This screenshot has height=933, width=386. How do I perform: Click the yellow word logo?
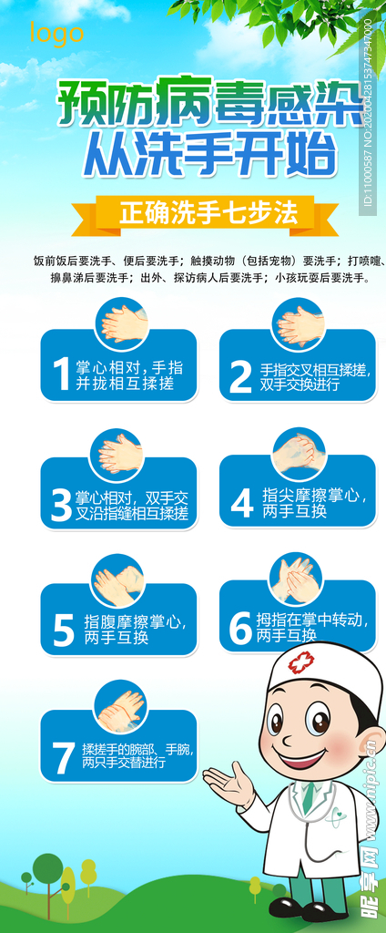click(x=56, y=34)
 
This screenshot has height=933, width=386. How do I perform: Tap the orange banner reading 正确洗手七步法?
click(x=208, y=213)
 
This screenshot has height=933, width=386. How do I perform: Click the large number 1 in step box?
click(x=61, y=374)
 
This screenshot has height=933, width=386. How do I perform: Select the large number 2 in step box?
click(x=239, y=376)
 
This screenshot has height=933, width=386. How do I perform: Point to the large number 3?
click(x=61, y=506)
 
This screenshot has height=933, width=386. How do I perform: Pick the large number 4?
click(x=240, y=503)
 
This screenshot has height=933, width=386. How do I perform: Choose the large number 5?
click(x=63, y=631)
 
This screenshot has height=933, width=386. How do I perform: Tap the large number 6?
click(x=239, y=628)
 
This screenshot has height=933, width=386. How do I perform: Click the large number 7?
click(x=62, y=757)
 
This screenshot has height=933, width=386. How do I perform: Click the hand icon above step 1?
click(x=122, y=323)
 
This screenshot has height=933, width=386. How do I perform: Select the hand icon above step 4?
click(x=299, y=453)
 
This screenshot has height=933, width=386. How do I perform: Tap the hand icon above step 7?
click(x=120, y=707)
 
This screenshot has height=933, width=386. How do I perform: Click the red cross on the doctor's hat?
click(x=300, y=662)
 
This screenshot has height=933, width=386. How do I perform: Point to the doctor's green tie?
click(x=310, y=796)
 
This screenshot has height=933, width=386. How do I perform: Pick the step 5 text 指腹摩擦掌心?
click(x=136, y=622)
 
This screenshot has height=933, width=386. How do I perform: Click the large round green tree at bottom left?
click(x=47, y=868)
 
